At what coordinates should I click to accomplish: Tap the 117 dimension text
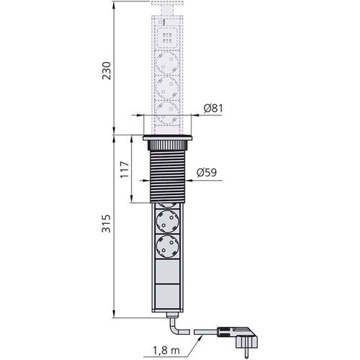[124, 169]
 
